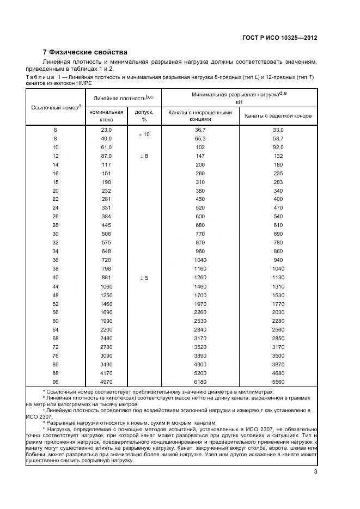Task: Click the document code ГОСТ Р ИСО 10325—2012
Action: click(x=279, y=38)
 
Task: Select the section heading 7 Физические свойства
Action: click(x=85, y=52)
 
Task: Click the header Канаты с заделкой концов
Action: click(x=278, y=116)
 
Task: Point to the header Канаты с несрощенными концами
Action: click(x=200, y=115)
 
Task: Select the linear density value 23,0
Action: click(x=106, y=130)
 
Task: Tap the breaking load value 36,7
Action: click(x=200, y=130)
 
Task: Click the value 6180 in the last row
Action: click(x=200, y=382)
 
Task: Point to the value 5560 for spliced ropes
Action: click(x=278, y=382)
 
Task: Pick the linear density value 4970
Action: click(x=106, y=382)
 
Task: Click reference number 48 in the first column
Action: click(x=55, y=295)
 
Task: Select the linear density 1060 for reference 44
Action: click(x=106, y=286)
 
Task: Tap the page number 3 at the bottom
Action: click(x=315, y=471)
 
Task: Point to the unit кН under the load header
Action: click(x=239, y=102)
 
